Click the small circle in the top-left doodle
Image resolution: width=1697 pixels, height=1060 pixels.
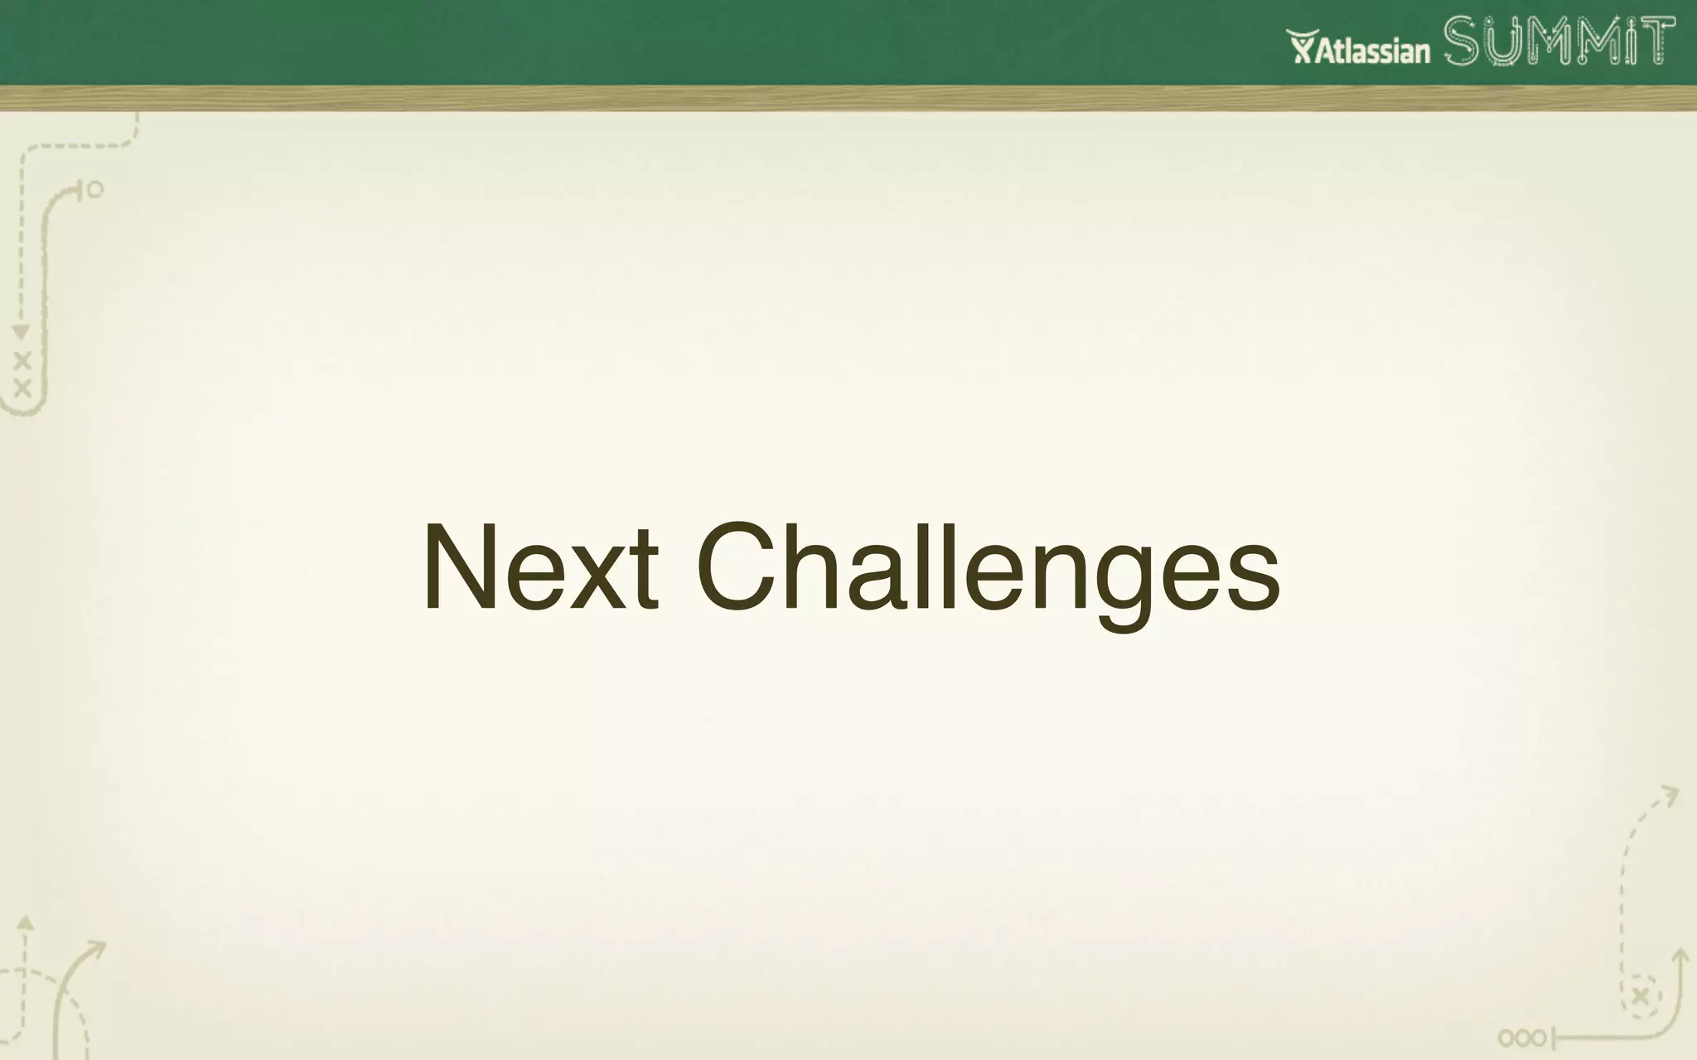click(95, 190)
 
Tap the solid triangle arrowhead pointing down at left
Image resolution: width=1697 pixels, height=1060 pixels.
click(22, 332)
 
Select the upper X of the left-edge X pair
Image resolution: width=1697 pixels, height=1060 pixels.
click(22, 361)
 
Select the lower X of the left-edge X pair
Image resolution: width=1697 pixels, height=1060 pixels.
click(22, 387)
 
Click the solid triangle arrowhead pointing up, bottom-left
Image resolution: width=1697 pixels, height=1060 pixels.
click(26, 922)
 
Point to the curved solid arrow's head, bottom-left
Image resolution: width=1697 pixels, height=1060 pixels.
click(96, 947)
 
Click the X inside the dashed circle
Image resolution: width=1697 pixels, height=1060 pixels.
click(1641, 996)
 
